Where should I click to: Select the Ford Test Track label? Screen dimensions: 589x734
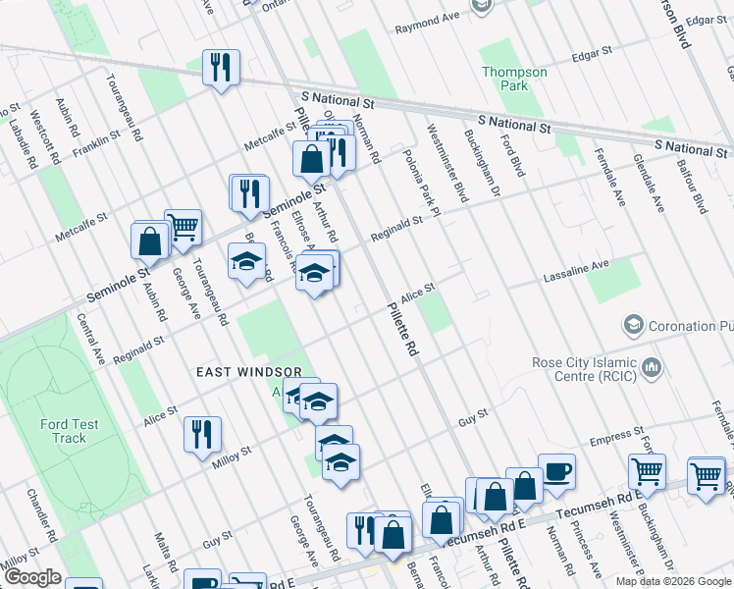click(69, 431)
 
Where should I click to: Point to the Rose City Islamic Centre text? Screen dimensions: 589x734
click(582, 368)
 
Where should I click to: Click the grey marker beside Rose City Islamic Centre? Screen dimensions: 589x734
click(651, 369)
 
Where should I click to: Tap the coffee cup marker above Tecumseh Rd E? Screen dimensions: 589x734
click(557, 470)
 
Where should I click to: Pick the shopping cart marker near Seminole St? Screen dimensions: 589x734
click(183, 228)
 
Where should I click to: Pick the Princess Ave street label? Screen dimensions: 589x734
click(590, 551)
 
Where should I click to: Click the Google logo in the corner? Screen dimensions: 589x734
click(31, 577)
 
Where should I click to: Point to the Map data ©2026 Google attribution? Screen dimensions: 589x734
click(672, 581)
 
